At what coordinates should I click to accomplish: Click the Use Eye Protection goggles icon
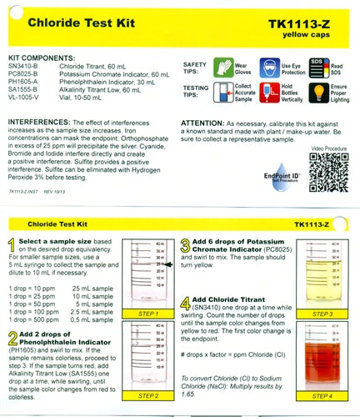click(x=269, y=68)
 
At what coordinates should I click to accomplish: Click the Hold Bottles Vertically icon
click(x=269, y=95)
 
